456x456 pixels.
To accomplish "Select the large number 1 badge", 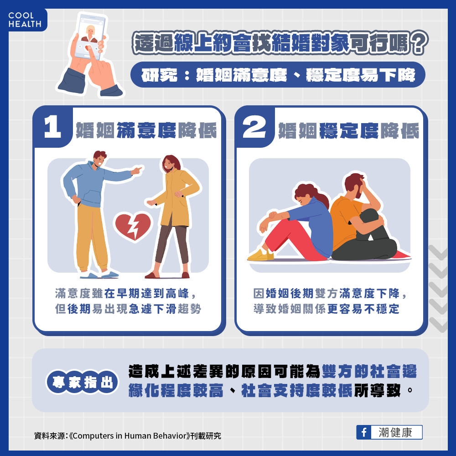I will coord(52,128).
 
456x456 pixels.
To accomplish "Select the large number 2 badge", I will coord(254,128).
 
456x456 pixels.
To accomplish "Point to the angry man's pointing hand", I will coord(136,171).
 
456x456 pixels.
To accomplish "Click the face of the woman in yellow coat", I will coord(169,164).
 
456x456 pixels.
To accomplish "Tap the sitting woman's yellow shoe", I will coord(260,255).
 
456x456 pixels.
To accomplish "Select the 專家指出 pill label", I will coord(82,383).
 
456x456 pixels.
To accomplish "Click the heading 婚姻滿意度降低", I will coord(146,130).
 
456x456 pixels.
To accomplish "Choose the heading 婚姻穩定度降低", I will coord(348,130).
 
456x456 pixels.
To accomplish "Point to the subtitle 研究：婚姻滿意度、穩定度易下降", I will coord(278,75).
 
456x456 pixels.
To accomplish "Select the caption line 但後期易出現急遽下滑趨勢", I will coord(128,309).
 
